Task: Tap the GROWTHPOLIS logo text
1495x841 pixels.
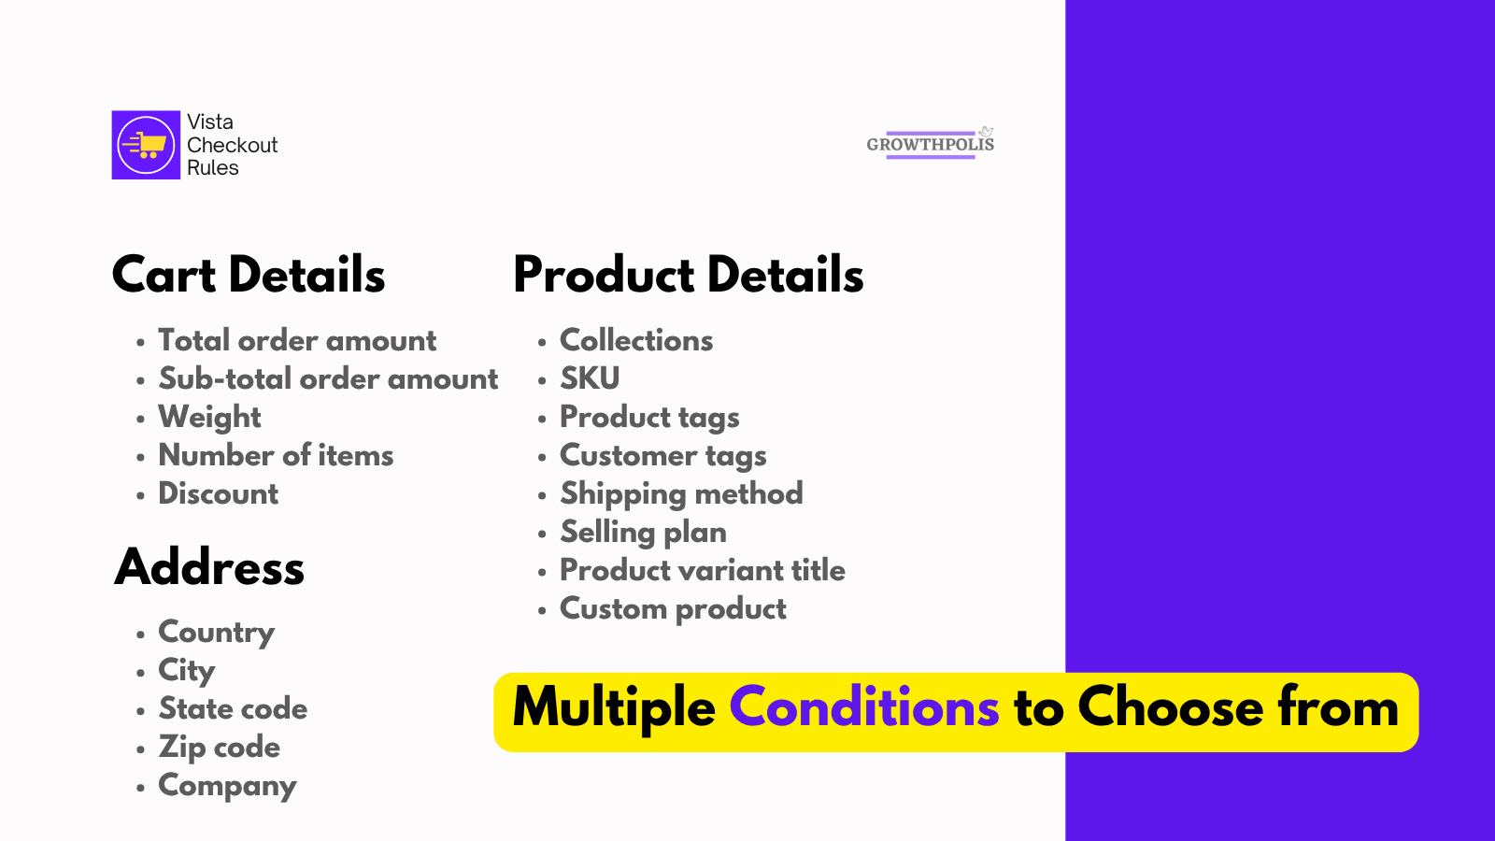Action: [931, 144]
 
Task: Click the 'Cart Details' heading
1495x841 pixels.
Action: [249, 275]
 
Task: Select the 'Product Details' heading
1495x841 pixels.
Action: [688, 275]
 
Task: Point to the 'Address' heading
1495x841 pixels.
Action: [209, 566]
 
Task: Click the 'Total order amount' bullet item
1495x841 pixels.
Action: [297, 340]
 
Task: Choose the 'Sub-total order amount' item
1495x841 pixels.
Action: [328, 378]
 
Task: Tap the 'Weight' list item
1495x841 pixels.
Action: [209, 417]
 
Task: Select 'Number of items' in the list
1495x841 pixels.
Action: [276, 455]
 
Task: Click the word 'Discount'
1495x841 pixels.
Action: [219, 494]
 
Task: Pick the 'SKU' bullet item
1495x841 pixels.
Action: [590, 378]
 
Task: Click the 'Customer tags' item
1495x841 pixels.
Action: [662, 456]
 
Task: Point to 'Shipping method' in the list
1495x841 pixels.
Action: [681, 494]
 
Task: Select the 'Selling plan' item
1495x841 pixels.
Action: [644, 533]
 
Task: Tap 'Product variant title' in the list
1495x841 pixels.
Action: [703, 571]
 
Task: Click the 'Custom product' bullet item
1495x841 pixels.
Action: [673, 609]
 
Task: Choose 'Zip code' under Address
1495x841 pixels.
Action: [219, 748]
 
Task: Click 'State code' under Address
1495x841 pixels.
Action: [233, 708]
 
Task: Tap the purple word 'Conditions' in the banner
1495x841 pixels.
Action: [864, 706]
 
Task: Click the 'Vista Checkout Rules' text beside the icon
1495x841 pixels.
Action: [233, 145]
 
